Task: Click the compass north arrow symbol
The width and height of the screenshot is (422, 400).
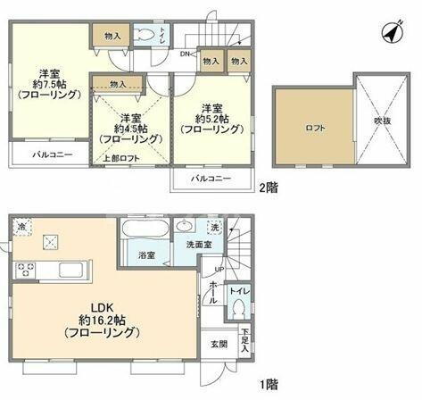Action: point(391,33)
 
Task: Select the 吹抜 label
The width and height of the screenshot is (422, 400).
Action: point(383,120)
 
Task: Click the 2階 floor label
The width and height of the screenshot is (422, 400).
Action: point(269,189)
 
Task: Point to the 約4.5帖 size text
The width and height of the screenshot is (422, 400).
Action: point(130,129)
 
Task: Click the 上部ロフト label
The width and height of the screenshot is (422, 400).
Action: point(120,158)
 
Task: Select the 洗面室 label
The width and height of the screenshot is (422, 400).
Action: point(198,245)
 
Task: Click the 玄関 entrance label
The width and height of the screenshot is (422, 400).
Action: point(219,344)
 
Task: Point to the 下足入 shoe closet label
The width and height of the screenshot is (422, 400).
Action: point(244,344)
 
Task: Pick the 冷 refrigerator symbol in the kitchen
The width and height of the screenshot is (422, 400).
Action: point(21,228)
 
